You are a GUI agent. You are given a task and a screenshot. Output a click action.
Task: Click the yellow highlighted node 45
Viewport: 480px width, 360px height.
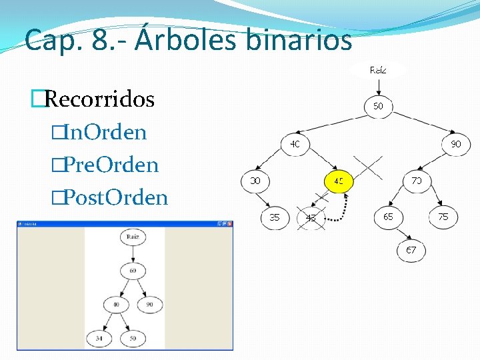339,181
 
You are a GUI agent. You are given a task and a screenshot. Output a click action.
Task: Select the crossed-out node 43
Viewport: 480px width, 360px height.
311,217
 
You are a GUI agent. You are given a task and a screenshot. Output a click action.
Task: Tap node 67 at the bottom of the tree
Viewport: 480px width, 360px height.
411,250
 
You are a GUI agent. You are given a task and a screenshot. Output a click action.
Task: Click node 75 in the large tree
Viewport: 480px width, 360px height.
443,217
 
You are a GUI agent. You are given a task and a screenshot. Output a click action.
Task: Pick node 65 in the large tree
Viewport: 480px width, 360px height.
388,217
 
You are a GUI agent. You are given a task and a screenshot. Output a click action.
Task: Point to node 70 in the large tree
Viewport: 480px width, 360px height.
417,181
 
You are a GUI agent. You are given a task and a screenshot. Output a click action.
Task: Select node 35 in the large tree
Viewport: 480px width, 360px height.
274,217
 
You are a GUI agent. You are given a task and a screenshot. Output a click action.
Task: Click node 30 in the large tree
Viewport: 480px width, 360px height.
255,181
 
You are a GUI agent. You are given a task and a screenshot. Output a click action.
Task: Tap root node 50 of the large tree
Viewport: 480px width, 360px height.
378,107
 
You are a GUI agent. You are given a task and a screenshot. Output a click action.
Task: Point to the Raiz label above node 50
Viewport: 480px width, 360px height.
378,69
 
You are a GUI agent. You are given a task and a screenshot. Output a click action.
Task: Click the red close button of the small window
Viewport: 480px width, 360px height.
229,224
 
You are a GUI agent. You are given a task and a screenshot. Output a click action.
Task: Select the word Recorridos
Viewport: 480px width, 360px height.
100,99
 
